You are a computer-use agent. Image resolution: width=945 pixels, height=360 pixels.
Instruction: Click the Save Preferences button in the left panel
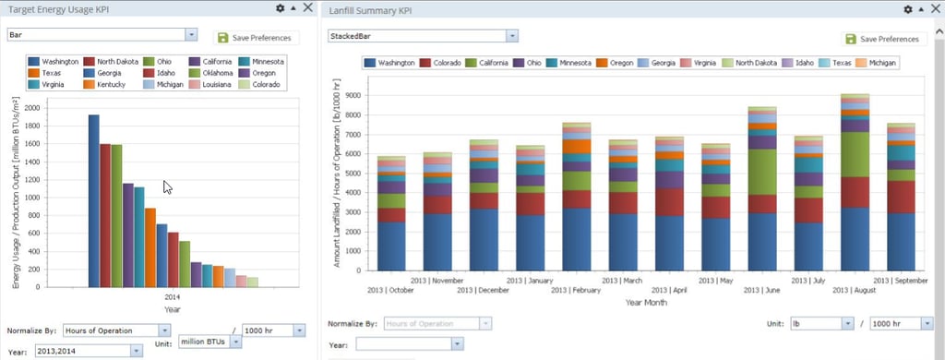click(x=254, y=38)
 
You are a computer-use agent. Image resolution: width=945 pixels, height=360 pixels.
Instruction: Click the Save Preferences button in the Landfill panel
click(x=884, y=39)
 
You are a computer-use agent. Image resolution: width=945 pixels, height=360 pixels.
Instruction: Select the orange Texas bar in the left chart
click(x=150, y=247)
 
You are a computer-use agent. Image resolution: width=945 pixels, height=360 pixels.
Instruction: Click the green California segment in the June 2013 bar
click(x=761, y=172)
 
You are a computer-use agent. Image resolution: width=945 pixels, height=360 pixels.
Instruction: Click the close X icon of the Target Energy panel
click(x=307, y=7)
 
